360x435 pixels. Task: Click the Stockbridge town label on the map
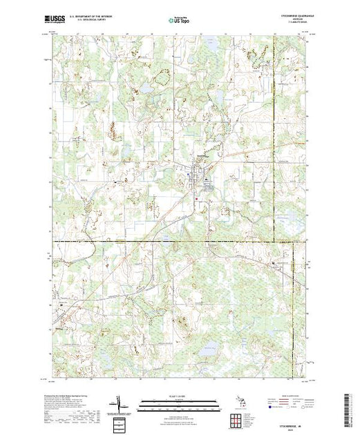(x=200, y=155)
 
